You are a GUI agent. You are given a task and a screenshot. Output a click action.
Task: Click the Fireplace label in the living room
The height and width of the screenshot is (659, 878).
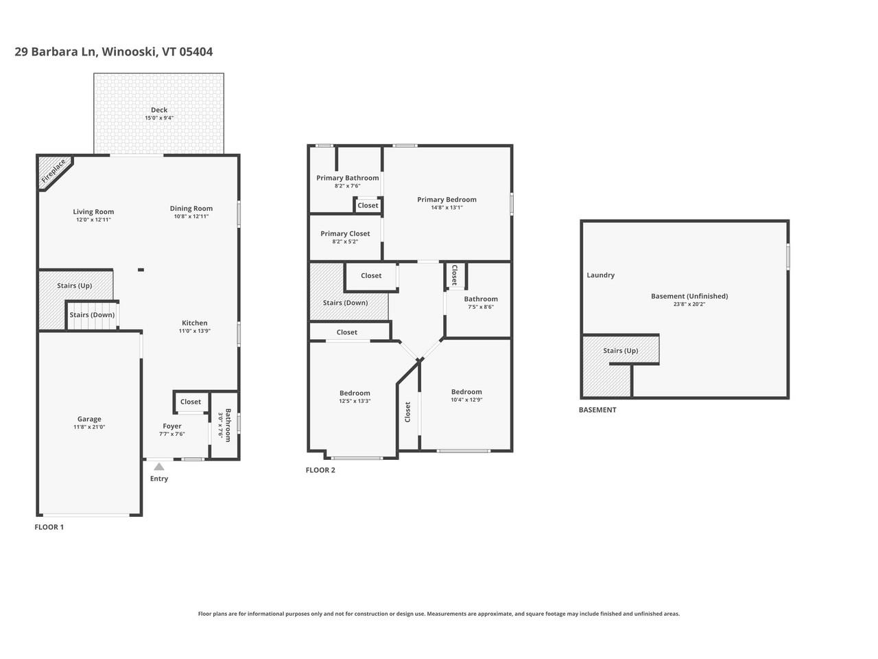pyautogui.click(x=54, y=172)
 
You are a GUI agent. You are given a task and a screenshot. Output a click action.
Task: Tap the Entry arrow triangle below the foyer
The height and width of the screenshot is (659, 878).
pyautogui.click(x=159, y=467)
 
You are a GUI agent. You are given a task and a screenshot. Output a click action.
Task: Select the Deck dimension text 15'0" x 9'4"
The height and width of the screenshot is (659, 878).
pyautogui.click(x=158, y=118)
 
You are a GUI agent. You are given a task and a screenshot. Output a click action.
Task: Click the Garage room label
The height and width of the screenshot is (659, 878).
pyautogui.click(x=89, y=419)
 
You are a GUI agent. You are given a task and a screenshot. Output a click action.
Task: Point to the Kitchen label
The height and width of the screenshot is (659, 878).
pyautogui.click(x=194, y=323)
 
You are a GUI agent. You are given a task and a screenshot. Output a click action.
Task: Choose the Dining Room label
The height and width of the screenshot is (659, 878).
pyautogui.click(x=191, y=208)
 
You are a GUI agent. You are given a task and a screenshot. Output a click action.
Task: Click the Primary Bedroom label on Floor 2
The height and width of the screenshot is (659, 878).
pyautogui.click(x=447, y=199)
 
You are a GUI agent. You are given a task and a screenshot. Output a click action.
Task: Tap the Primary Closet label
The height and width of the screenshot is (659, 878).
pyautogui.click(x=345, y=233)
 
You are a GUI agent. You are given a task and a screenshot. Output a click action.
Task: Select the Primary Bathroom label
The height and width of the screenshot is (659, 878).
pyautogui.click(x=347, y=178)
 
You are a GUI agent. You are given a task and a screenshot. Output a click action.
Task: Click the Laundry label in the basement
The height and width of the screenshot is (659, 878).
pyautogui.click(x=600, y=275)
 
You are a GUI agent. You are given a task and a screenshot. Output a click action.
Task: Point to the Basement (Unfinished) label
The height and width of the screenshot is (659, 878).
pyautogui.click(x=689, y=296)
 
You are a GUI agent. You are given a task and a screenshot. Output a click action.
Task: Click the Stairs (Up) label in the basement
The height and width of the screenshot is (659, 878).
pyautogui.click(x=620, y=350)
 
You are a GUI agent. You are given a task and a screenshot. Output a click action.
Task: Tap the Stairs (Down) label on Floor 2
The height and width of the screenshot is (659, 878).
pyautogui.click(x=345, y=302)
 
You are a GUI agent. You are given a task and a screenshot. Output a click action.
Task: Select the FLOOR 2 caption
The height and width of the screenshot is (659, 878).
pyautogui.click(x=320, y=470)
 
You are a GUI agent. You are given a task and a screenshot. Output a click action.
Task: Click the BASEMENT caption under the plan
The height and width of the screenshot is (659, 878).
pyautogui.click(x=597, y=410)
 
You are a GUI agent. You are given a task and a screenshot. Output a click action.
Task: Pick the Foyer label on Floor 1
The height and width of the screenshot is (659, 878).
pyautogui.click(x=172, y=426)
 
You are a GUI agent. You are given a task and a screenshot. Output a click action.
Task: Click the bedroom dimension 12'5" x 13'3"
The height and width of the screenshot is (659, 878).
pyautogui.click(x=355, y=401)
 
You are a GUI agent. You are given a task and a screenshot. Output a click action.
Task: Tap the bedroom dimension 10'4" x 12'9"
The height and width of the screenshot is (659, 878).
pyautogui.click(x=466, y=400)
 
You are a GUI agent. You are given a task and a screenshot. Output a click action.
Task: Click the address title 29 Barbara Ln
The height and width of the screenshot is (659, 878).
pyautogui.click(x=113, y=51)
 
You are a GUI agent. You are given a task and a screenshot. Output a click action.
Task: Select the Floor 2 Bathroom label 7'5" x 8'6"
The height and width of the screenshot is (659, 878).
pyautogui.click(x=481, y=299)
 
